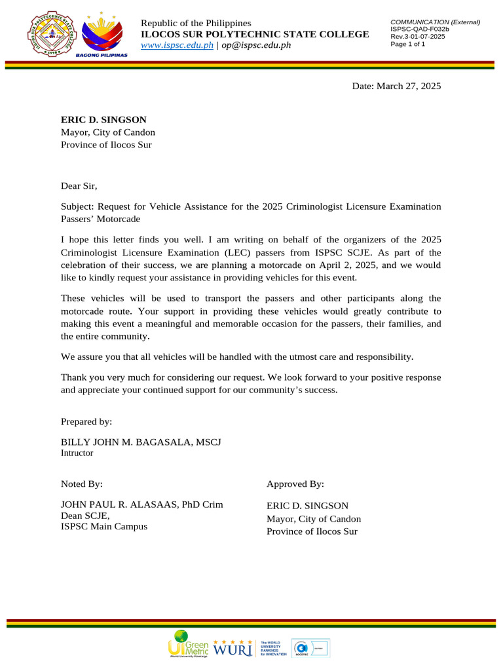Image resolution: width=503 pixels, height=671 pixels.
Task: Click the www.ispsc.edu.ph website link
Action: (177, 45)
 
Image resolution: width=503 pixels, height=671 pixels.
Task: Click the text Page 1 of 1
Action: (407, 44)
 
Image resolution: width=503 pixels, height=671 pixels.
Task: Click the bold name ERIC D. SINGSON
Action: (103, 119)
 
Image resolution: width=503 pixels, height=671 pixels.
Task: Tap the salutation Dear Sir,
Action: (79, 186)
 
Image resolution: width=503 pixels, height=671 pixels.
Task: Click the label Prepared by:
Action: (86, 421)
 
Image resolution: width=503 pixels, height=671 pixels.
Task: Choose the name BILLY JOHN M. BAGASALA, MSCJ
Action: (141, 442)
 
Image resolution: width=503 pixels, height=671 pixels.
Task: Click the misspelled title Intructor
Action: (77, 453)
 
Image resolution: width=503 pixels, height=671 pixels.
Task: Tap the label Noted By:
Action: (82, 484)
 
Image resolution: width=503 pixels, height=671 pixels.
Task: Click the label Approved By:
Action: (295, 484)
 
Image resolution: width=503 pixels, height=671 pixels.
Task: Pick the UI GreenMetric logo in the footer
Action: (188, 643)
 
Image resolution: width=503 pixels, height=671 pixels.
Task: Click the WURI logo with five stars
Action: (233, 647)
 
